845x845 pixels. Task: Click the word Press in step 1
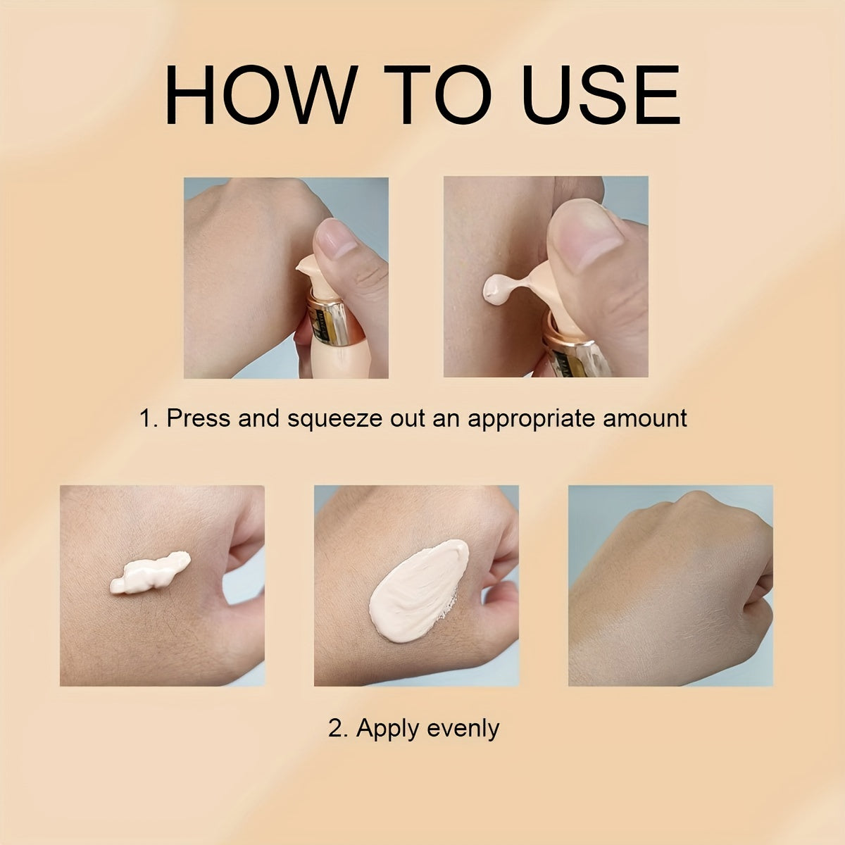click(198, 418)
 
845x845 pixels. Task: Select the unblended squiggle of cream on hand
click(150, 572)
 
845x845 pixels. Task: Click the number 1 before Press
click(146, 418)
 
